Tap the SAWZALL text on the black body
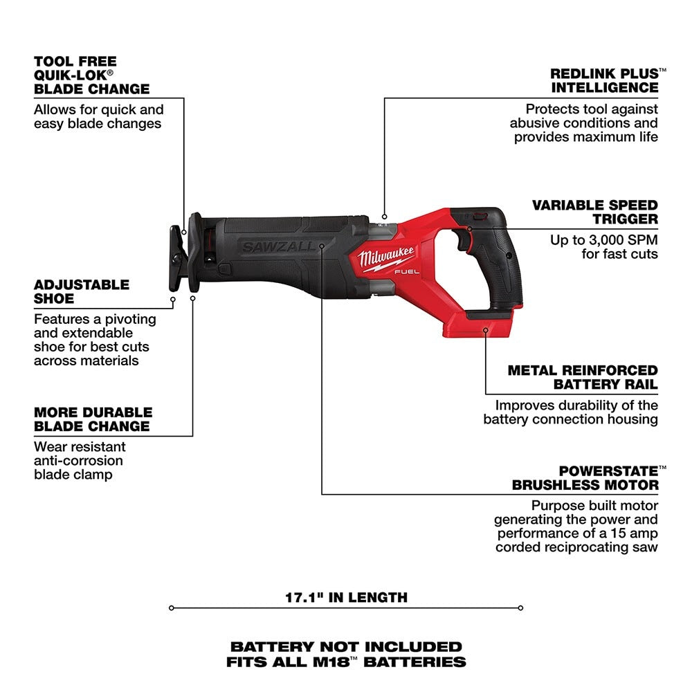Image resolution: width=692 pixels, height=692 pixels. pyautogui.click(x=279, y=246)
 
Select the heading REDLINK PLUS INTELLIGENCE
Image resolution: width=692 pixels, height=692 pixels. pyautogui.click(x=604, y=80)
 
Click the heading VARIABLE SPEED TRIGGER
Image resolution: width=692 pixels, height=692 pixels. pyautogui.click(x=594, y=212)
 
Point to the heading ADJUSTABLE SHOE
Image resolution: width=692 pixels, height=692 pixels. pyautogui.click(x=82, y=291)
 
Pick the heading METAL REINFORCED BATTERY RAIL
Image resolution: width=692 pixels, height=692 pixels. pyautogui.click(x=583, y=377)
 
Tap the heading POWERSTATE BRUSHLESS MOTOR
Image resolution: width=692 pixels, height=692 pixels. pyautogui.click(x=585, y=477)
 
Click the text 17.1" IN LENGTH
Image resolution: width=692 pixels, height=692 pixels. pyautogui.click(x=347, y=597)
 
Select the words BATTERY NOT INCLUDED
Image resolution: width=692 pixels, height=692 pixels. pyautogui.click(x=346, y=647)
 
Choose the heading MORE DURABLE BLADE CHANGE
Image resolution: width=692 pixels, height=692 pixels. pyautogui.click(x=91, y=419)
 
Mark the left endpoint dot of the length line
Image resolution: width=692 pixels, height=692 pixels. pyautogui.click(x=171, y=608)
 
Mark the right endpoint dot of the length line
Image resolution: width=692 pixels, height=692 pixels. pyautogui.click(x=520, y=608)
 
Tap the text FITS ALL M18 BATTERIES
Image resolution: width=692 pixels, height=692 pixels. pyautogui.click(x=346, y=662)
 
